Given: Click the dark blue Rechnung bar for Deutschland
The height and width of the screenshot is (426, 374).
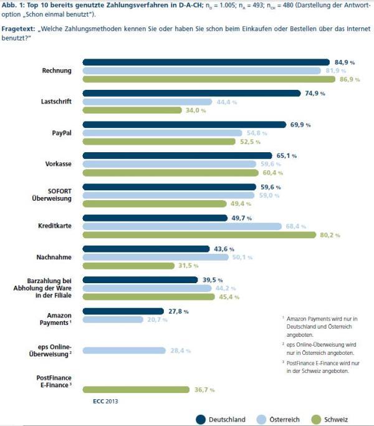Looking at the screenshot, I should (206, 62).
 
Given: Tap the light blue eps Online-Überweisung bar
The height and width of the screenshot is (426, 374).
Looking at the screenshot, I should (124, 351).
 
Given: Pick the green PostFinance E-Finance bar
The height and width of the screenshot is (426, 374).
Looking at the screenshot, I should (136, 390).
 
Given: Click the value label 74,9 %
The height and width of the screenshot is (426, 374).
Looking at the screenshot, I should (314, 94).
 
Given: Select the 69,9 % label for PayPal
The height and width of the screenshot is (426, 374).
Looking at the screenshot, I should (300, 125).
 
